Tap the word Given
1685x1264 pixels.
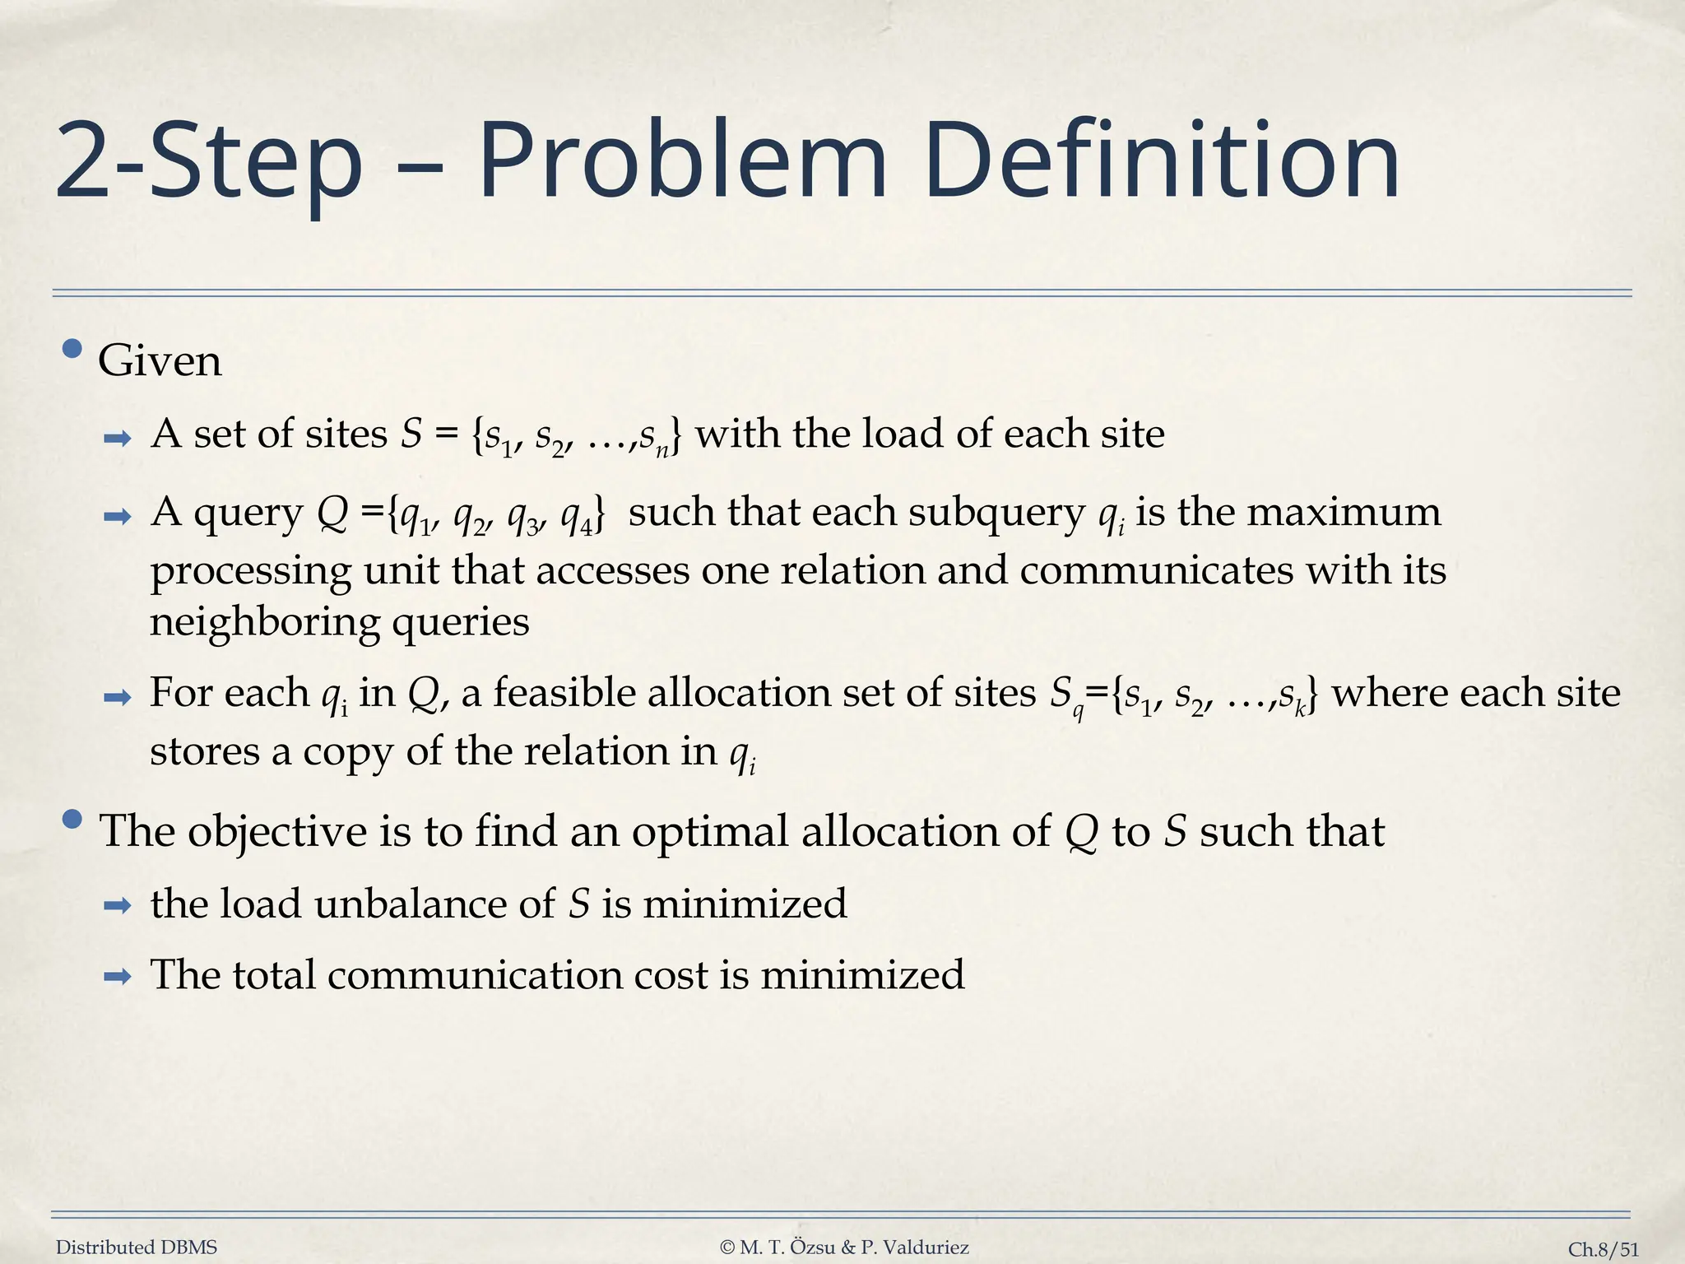(x=160, y=361)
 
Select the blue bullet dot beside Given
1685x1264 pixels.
(x=72, y=350)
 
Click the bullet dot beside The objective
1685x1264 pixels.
(x=72, y=820)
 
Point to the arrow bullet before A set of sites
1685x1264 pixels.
(x=118, y=438)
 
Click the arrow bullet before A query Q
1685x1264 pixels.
(x=118, y=517)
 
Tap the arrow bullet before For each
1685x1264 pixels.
(x=118, y=698)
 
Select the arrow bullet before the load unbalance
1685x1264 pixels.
(x=118, y=907)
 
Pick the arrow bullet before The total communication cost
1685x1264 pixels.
(x=118, y=978)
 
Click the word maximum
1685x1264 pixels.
(x=1344, y=513)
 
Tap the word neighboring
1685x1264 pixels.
(x=265, y=623)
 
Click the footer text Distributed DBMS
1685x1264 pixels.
(x=137, y=1248)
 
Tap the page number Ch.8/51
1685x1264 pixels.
(x=1603, y=1249)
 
